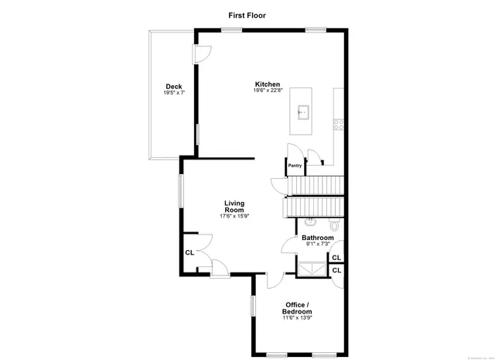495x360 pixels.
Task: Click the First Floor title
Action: (247, 15)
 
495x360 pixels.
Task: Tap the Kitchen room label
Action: (268, 84)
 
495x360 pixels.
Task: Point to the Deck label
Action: (173, 86)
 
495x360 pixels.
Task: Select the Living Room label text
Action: (234, 207)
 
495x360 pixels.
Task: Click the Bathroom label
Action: (317, 238)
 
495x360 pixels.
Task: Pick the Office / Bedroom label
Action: (297, 308)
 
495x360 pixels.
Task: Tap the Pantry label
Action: (295, 165)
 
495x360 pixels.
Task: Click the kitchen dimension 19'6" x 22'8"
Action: (268, 91)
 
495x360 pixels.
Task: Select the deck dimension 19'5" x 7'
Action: (173, 93)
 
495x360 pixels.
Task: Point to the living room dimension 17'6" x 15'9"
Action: (234, 216)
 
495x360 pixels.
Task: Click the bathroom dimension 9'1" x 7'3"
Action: (317, 245)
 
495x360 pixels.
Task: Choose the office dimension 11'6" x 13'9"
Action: (297, 318)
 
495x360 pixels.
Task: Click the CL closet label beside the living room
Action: (189, 252)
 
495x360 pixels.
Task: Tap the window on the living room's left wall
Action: (181, 190)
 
